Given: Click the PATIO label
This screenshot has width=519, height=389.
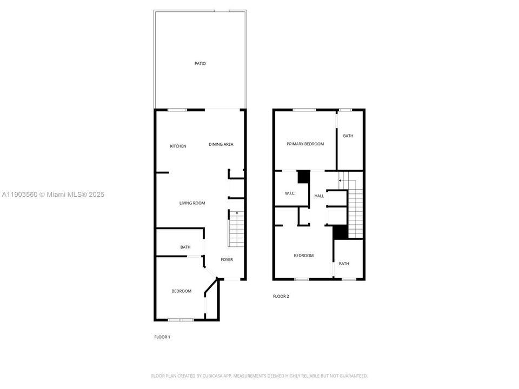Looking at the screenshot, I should point(200,64).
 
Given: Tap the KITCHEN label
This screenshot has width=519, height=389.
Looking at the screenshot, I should point(178,146).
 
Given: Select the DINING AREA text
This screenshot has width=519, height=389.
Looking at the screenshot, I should point(221,144).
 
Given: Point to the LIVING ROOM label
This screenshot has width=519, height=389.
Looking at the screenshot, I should point(192,203).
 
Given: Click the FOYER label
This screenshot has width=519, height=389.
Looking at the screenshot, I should point(227,260).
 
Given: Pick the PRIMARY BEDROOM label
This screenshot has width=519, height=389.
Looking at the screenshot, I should point(305,144).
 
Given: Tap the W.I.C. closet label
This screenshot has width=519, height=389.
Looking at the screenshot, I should point(290,193).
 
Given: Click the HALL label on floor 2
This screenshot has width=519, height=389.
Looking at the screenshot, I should point(319,196).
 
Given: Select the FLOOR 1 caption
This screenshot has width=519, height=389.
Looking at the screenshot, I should point(162,337).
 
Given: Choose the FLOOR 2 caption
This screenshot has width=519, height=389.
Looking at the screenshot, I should point(281,296).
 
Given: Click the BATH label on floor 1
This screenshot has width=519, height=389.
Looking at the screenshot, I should point(185,247).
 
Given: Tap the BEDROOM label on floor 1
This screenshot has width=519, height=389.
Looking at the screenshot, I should point(181,291).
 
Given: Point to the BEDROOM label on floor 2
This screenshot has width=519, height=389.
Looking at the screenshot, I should point(303,256).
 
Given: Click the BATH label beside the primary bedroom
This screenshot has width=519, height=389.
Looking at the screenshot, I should point(348,136).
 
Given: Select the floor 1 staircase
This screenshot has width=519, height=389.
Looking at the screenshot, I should point(237,227).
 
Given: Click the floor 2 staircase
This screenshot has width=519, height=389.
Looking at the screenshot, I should point(355,208).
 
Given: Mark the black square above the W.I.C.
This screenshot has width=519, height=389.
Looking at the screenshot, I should point(304,177).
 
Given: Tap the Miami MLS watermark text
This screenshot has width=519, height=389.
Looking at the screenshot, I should point(53,194).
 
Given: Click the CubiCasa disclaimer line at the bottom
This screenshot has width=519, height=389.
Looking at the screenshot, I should point(259,375).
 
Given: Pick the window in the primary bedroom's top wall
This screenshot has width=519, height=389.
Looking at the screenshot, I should point(304,110).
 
